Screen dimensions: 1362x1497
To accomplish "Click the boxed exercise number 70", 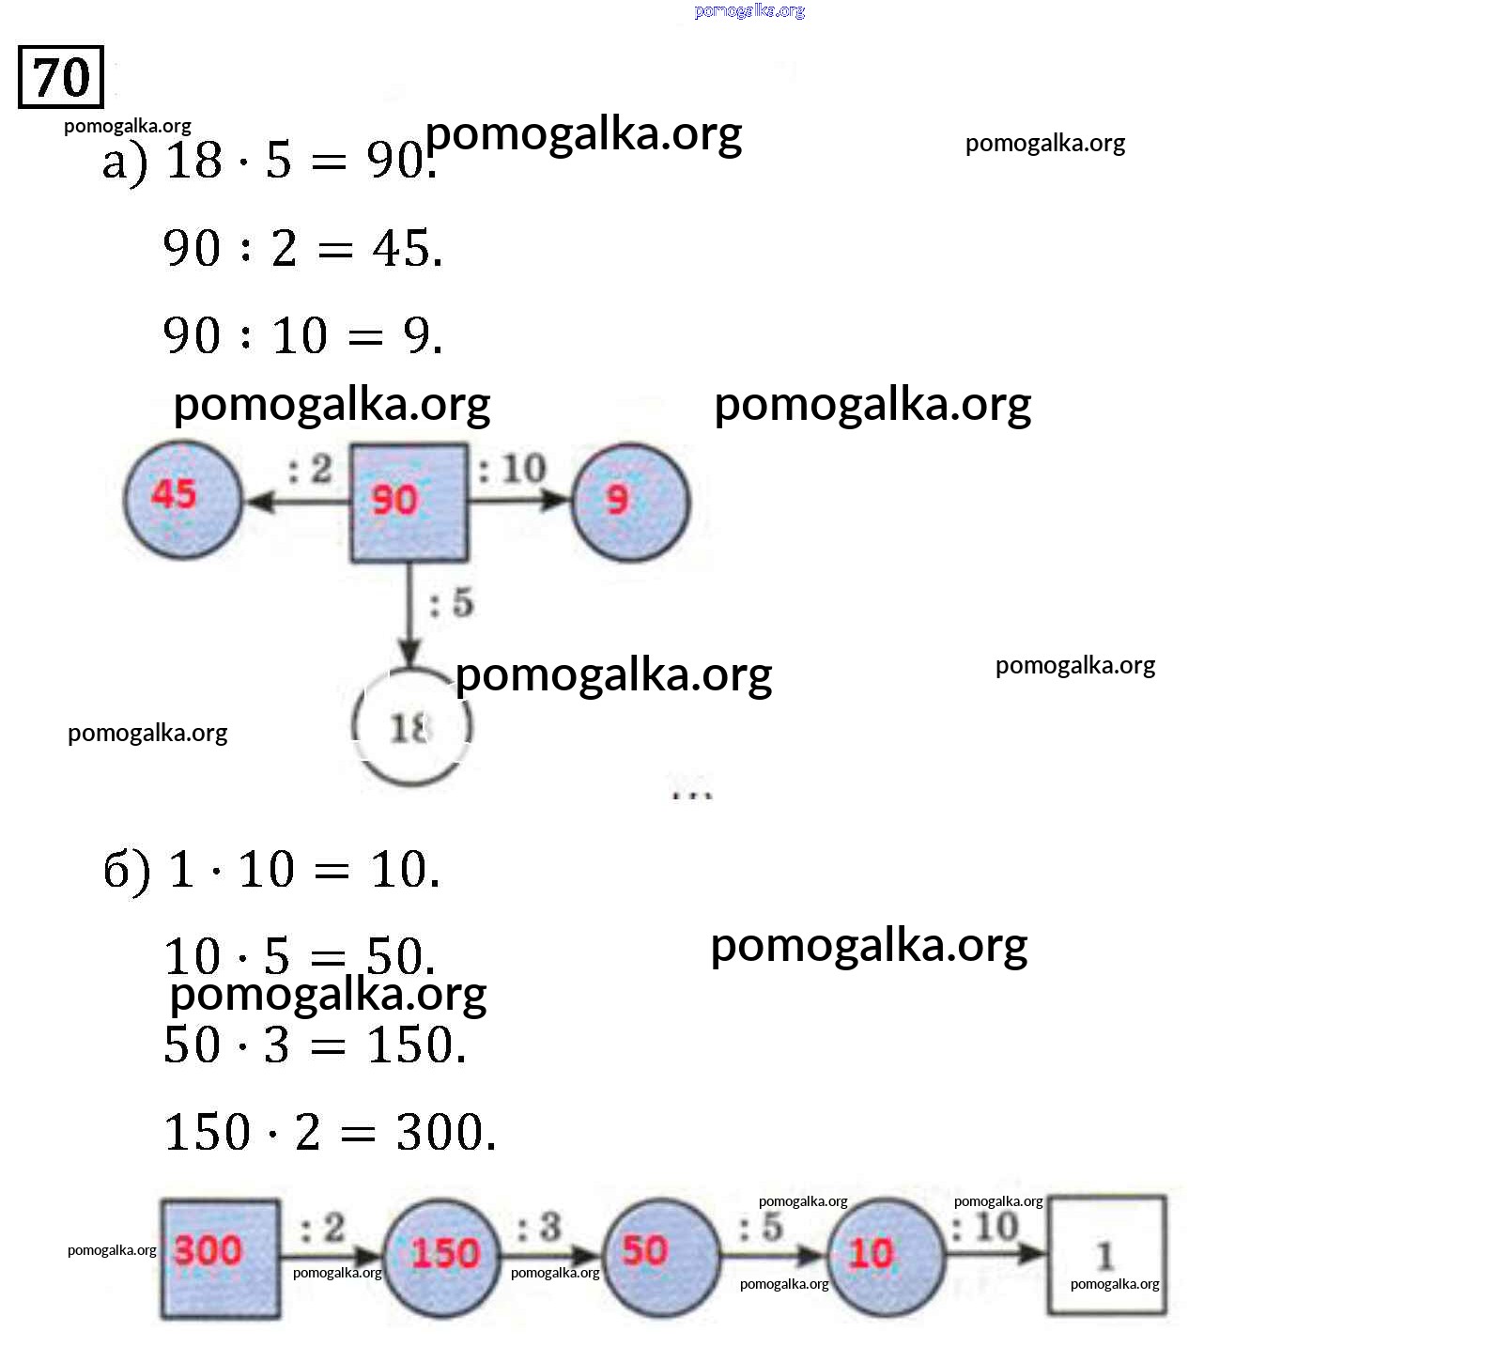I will (x=61, y=77).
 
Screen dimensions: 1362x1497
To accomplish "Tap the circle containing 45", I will (x=183, y=500).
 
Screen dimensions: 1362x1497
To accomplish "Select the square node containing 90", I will (x=409, y=503).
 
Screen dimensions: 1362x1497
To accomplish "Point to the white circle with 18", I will (x=411, y=727).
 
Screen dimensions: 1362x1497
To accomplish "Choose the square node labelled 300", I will (x=220, y=1259).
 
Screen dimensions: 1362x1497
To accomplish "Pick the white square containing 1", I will (x=1106, y=1255).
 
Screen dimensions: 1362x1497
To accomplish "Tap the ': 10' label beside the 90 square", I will (x=513, y=468).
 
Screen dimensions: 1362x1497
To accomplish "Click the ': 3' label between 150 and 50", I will (x=539, y=1227).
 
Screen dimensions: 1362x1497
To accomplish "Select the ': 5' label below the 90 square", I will (x=452, y=603).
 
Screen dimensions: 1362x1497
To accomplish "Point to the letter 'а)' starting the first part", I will (x=125, y=162).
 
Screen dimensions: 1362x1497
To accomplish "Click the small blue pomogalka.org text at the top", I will (x=749, y=11).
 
